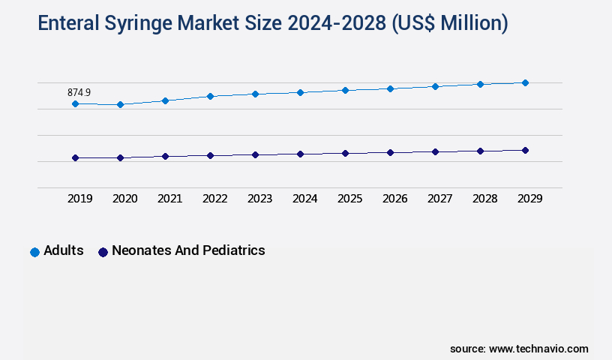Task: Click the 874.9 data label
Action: [x=79, y=92]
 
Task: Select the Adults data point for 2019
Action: [x=75, y=103]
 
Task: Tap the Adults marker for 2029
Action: [x=525, y=82]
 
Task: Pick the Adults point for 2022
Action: [x=210, y=96]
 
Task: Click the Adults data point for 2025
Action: [x=345, y=90]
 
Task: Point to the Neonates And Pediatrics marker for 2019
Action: [x=75, y=157]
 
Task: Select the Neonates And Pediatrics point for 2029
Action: [x=525, y=150]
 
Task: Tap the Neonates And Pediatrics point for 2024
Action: [x=300, y=154]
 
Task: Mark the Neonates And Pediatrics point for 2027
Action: [x=435, y=151]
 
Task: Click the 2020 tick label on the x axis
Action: [x=124, y=199]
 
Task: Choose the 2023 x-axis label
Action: [x=259, y=199]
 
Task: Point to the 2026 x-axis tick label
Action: [x=394, y=199]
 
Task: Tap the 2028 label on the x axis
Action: [x=484, y=199]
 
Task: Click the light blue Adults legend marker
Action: [x=34, y=252]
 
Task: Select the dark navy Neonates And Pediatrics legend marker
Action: [x=103, y=252]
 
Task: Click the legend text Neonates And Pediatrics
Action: [x=188, y=250]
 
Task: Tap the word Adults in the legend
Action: [x=64, y=250]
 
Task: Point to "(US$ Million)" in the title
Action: [x=448, y=24]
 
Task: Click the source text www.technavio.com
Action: [x=538, y=349]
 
